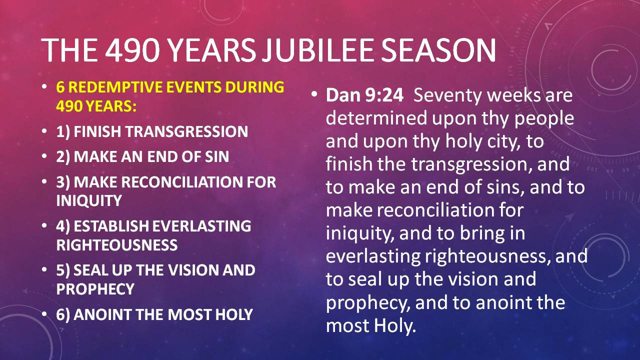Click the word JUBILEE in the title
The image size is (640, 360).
coord(316,50)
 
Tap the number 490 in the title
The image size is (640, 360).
coord(132,50)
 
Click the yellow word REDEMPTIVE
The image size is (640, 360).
coord(116,87)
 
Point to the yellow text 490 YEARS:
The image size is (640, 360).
coord(96,106)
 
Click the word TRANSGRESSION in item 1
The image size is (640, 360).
coord(186,131)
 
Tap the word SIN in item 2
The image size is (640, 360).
coord(217,156)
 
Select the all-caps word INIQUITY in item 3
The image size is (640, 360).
coord(89,200)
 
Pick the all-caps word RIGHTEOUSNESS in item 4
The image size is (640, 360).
coord(117,245)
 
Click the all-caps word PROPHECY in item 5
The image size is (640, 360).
coord(95,289)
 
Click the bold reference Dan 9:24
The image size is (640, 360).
coord(364,95)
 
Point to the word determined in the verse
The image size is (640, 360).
coord(376,118)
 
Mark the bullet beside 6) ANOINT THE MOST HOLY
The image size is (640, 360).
coord(44,314)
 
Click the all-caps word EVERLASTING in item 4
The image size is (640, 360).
coord(201,226)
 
